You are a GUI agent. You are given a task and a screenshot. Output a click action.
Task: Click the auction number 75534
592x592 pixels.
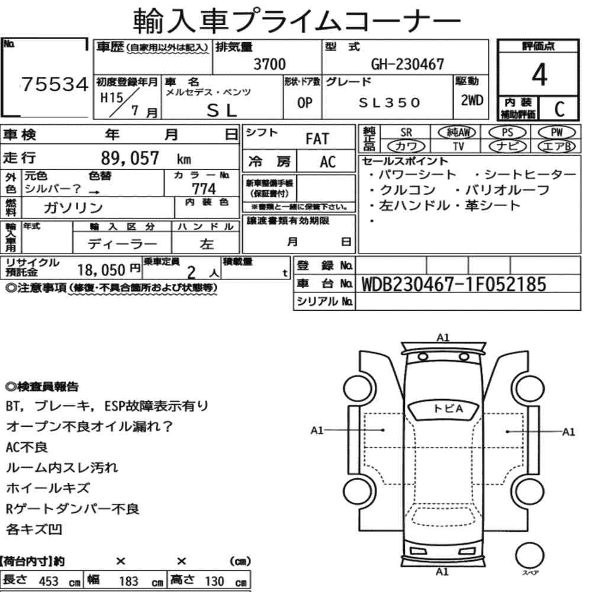54,84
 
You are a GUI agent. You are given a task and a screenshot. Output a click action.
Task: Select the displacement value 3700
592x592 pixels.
269,64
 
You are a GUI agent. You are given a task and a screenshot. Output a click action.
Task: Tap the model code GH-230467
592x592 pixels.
407,64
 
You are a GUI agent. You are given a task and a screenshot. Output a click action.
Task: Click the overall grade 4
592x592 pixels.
539,75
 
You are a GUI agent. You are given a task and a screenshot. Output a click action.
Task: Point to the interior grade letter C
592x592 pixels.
559,109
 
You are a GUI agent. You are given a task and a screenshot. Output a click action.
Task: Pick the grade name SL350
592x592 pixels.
390,102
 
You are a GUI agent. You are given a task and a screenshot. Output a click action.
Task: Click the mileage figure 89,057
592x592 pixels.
130,158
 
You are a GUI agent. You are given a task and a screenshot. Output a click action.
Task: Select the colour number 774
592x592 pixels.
204,189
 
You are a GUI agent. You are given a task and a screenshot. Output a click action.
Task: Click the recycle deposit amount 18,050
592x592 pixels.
101,270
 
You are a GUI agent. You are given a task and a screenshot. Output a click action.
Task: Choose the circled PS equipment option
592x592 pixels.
507,133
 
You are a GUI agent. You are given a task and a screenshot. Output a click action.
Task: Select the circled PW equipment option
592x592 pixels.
557,133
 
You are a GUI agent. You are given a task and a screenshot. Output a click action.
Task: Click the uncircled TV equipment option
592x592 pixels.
458,146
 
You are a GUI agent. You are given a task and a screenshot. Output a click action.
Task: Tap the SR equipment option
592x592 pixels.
406,133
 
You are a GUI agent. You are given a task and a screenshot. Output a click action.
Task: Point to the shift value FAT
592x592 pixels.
317,139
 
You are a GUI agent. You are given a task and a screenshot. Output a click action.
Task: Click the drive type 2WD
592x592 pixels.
472,100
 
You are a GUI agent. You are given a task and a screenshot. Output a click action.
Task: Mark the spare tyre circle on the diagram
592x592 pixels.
530,556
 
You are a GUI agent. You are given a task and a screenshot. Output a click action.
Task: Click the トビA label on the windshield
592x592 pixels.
448,408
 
